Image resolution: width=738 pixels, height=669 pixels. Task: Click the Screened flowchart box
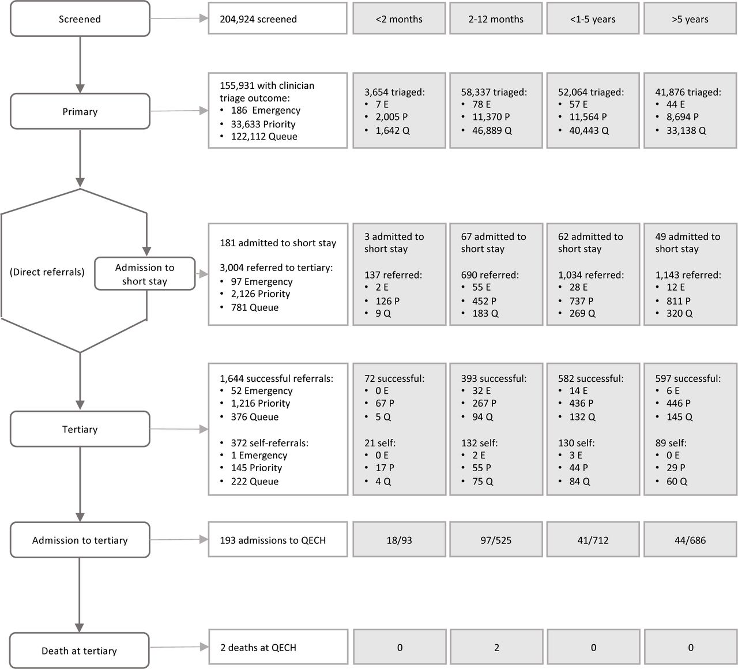(80, 19)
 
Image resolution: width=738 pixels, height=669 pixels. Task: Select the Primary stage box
(80, 111)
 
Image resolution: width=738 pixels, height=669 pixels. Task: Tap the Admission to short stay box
(145, 274)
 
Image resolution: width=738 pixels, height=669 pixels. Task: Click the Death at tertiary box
(80, 651)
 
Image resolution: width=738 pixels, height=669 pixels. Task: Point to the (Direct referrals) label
(47, 272)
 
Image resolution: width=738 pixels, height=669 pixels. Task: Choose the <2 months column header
(399, 19)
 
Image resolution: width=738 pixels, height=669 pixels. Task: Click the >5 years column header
(690, 19)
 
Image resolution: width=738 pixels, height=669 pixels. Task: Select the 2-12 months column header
(496, 19)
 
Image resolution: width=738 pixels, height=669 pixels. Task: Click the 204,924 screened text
(258, 19)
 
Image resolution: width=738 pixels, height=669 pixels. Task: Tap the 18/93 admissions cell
(399, 540)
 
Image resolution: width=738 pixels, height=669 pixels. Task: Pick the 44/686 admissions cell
(690, 540)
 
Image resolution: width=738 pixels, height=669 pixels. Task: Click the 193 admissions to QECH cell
(278, 540)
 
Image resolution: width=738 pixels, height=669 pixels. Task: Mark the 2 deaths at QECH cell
(278, 647)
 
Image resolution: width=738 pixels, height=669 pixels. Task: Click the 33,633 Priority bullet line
(263, 124)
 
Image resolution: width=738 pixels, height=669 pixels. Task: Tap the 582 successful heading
(591, 378)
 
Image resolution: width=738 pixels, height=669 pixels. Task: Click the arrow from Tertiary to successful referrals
(179, 429)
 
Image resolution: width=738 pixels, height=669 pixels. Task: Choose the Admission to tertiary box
(80, 540)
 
